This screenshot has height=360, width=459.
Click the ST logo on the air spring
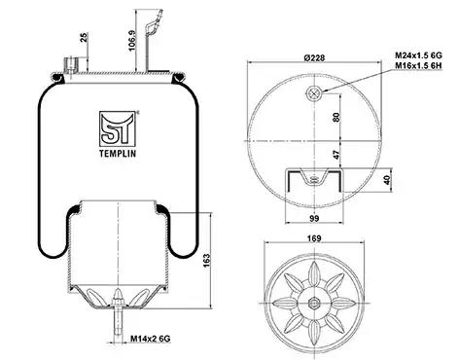(118, 128)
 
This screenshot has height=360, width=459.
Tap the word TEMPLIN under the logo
(118, 154)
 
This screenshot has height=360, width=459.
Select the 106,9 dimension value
(131, 41)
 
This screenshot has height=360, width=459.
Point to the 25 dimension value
(84, 37)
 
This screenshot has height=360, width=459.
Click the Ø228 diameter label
(314, 57)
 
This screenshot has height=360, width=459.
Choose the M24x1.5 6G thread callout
(418, 55)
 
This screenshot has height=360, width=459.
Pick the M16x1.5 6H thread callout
(418, 66)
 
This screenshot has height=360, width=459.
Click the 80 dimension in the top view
(336, 117)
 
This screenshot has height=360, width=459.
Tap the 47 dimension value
(337, 155)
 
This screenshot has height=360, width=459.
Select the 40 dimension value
(387, 180)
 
